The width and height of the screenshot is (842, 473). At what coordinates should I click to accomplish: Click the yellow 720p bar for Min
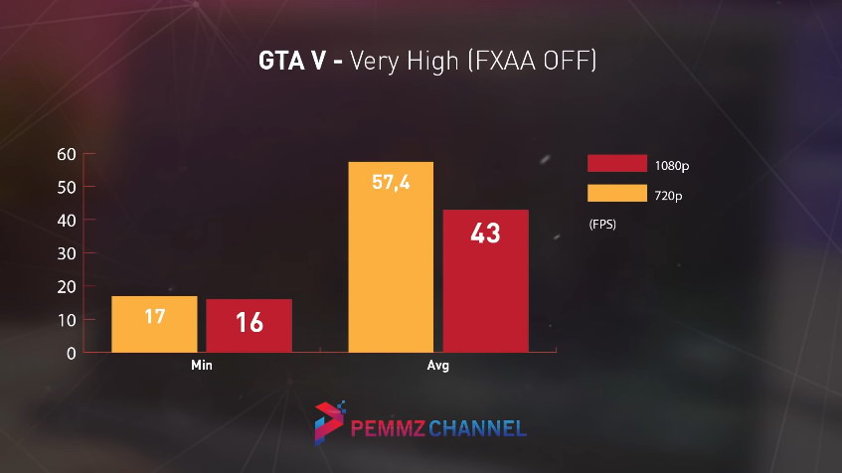(154, 324)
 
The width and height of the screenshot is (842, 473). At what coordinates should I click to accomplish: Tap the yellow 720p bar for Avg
(391, 256)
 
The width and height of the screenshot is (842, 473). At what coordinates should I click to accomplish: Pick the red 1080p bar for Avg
(486, 281)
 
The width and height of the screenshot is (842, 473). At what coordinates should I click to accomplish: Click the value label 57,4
(391, 183)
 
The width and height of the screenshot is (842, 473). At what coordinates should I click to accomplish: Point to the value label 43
(486, 234)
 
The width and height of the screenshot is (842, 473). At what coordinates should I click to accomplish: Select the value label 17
(154, 318)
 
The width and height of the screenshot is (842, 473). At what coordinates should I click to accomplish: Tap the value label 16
(249, 322)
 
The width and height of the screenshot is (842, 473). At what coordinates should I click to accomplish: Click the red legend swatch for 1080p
(616, 164)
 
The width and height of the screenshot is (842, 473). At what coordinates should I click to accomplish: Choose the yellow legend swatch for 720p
(616, 194)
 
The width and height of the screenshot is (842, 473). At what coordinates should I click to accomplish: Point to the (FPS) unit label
(602, 225)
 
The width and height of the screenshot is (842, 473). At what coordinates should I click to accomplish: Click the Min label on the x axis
(202, 366)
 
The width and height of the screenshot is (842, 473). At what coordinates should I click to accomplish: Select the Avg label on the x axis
(438, 366)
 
